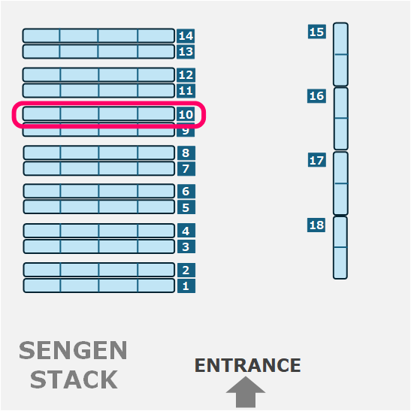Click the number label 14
click(186, 35)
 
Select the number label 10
click(186, 114)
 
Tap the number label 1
click(186, 286)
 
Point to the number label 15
click(317, 32)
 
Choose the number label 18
click(316, 225)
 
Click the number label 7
click(186, 168)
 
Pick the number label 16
click(316, 96)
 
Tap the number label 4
click(186, 231)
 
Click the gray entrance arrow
click(246, 392)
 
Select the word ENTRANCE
click(248, 365)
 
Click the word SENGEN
click(73, 350)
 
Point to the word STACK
click(74, 379)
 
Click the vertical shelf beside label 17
click(341, 183)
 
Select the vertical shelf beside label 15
click(341, 54)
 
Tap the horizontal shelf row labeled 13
click(98, 52)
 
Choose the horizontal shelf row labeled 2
click(99, 270)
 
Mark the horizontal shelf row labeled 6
click(99, 191)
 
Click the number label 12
click(186, 75)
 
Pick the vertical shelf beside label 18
click(340, 248)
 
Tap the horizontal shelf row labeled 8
click(99, 153)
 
